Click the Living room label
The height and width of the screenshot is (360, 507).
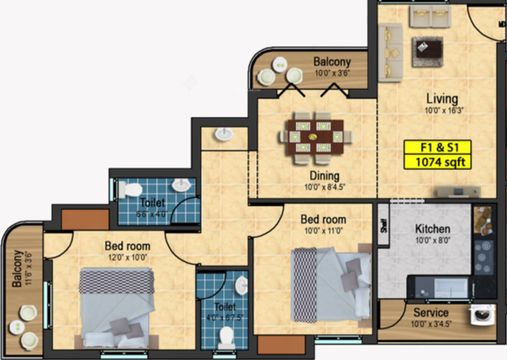pyautogui.click(x=442, y=99)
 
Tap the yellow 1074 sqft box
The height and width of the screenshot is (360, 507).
pyautogui.click(x=437, y=163)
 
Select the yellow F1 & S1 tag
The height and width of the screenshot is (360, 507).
pyautogui.click(x=437, y=148)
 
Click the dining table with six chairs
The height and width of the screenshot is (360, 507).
pyautogui.click(x=316, y=136)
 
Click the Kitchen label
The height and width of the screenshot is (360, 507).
pyautogui.click(x=432, y=229)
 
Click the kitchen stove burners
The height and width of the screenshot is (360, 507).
pyautogui.click(x=484, y=256)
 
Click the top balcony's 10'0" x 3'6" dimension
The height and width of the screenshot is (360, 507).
pyautogui.click(x=332, y=73)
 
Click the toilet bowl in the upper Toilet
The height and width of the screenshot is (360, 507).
pyautogui.click(x=132, y=189)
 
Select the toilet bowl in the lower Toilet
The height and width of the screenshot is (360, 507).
pyautogui.click(x=226, y=336)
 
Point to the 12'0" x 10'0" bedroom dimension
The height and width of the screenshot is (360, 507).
pyautogui.click(x=127, y=257)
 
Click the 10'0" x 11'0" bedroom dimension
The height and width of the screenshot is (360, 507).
pyautogui.click(x=323, y=230)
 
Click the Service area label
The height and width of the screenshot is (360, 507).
pyautogui.click(x=431, y=313)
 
